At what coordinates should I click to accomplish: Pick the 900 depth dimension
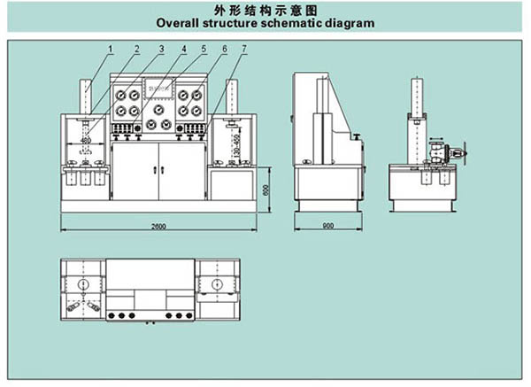tap(327, 227)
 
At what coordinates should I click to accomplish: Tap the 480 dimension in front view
tap(86, 139)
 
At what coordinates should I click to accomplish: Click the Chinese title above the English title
tap(265, 9)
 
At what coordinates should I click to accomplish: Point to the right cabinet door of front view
tap(181, 172)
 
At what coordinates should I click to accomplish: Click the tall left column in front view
tap(86, 97)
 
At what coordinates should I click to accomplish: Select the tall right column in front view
tap(232, 97)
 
